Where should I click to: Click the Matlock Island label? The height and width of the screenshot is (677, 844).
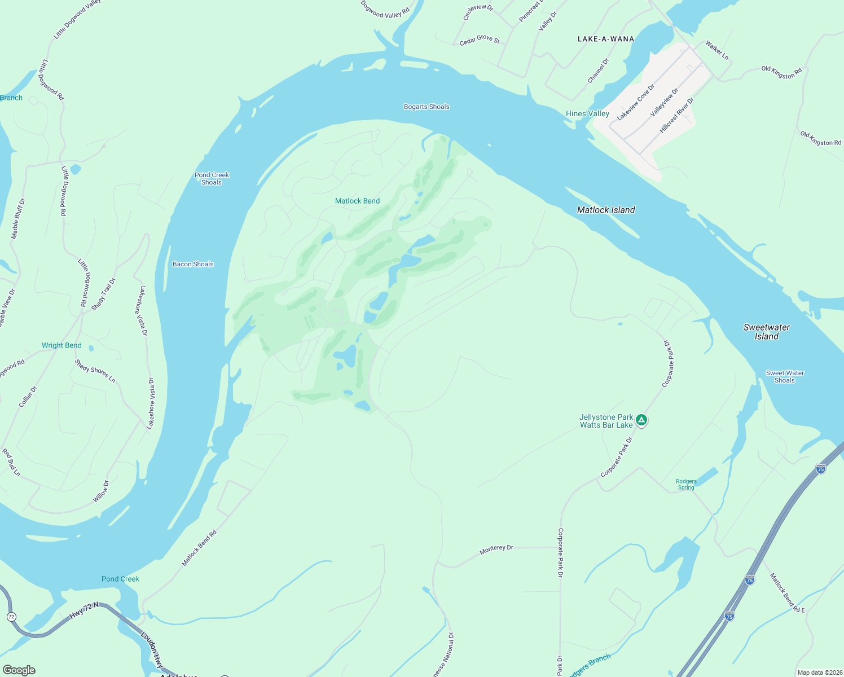click(x=606, y=210)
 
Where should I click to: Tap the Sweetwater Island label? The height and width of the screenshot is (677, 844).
click(x=766, y=332)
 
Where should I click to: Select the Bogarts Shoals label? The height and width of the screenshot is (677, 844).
click(x=427, y=107)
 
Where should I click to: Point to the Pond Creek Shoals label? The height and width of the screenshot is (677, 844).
click(x=212, y=179)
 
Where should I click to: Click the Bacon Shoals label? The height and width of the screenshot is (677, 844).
click(x=193, y=264)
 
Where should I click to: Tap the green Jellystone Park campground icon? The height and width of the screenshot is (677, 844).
click(x=641, y=420)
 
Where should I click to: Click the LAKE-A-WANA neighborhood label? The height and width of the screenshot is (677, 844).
click(x=606, y=39)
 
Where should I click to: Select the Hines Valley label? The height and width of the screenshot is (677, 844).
click(x=587, y=113)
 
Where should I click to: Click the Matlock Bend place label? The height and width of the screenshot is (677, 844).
click(x=357, y=201)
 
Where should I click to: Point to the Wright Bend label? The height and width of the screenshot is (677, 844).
click(x=61, y=345)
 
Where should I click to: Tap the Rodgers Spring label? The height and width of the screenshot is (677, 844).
click(x=686, y=485)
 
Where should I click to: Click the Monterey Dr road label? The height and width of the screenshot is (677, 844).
click(x=496, y=549)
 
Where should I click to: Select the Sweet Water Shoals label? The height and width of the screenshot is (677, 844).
click(x=785, y=377)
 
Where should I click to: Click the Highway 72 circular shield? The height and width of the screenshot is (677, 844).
click(x=11, y=616)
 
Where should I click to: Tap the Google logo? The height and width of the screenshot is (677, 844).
click(x=19, y=670)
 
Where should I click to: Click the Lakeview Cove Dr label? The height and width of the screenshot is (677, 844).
click(x=636, y=102)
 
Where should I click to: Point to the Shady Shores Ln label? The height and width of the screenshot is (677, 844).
click(x=95, y=371)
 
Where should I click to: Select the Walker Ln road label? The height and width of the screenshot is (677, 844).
click(x=717, y=50)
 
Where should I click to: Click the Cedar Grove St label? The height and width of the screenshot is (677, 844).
click(x=480, y=39)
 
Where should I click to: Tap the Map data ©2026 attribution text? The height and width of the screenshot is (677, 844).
click(x=818, y=672)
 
